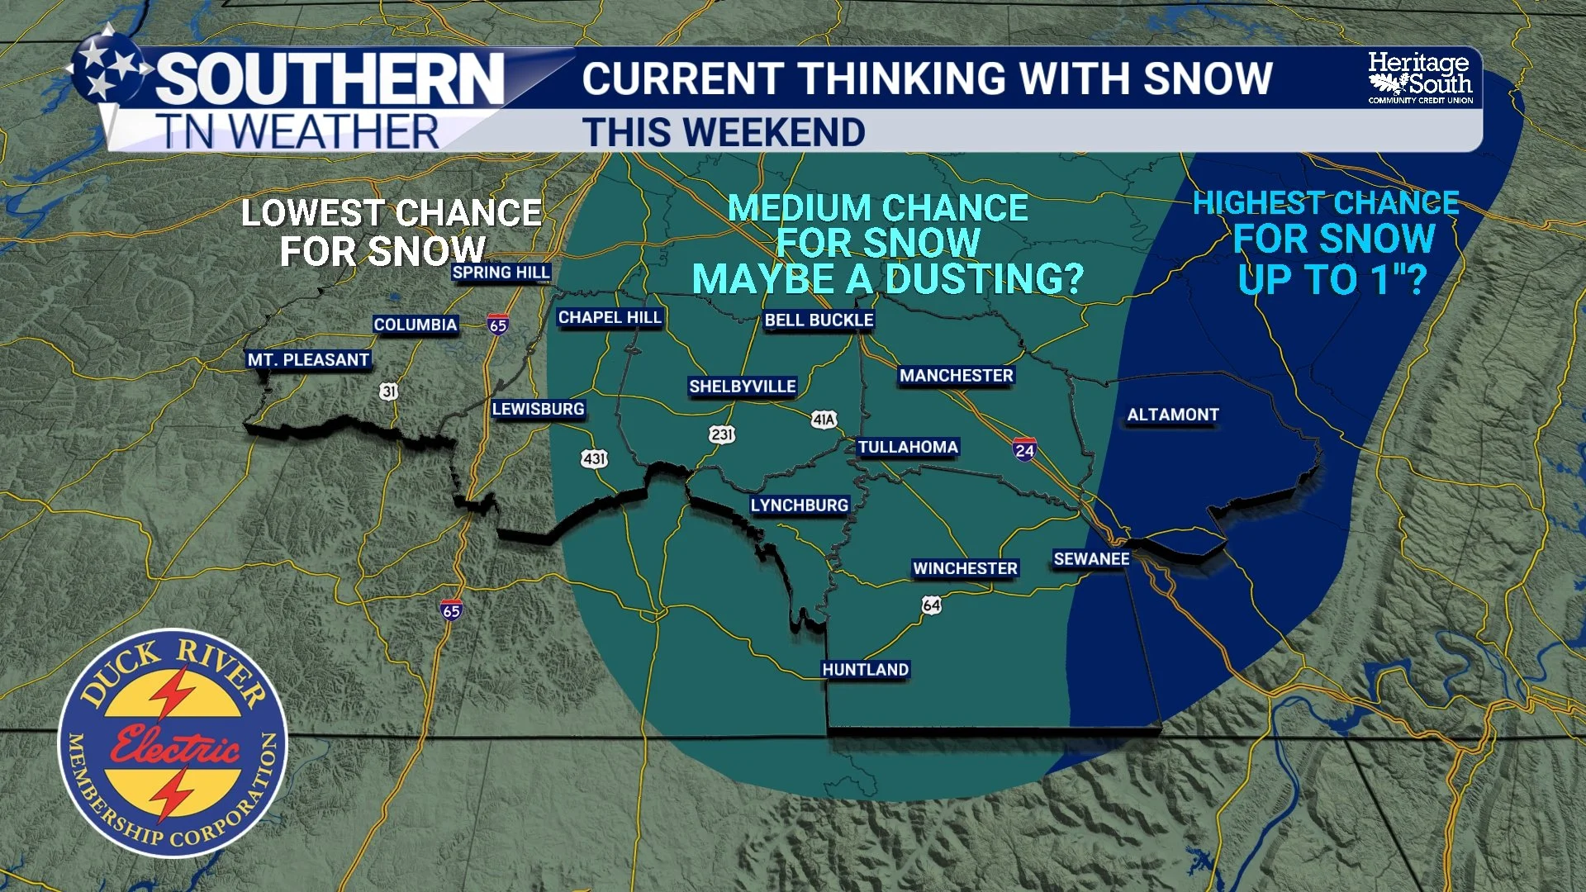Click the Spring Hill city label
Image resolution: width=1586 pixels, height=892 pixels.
click(501, 273)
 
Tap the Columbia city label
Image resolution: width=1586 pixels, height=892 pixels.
click(415, 325)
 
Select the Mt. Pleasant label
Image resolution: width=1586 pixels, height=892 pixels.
click(308, 360)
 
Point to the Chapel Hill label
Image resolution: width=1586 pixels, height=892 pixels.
click(610, 318)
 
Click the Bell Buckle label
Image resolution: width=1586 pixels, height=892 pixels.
click(819, 320)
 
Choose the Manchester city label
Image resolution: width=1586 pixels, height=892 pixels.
click(956, 376)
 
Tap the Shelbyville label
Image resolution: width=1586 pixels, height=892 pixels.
click(743, 387)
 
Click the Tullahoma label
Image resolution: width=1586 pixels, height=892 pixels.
click(907, 448)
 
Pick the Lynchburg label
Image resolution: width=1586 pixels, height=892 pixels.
click(799, 505)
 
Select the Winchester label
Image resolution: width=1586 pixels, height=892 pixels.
click(965, 569)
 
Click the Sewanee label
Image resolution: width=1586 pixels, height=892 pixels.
click(1091, 559)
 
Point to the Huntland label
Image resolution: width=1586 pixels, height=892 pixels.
click(865, 670)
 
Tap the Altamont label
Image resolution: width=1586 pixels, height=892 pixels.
click(1173, 415)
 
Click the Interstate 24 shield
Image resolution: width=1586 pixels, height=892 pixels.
click(1024, 449)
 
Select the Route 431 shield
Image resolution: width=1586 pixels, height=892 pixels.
click(594, 458)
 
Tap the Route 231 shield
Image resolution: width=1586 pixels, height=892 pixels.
click(721, 434)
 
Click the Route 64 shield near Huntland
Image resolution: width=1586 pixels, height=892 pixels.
click(931, 605)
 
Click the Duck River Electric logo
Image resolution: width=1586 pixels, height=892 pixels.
click(173, 743)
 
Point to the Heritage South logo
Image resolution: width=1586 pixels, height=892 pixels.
click(1419, 78)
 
